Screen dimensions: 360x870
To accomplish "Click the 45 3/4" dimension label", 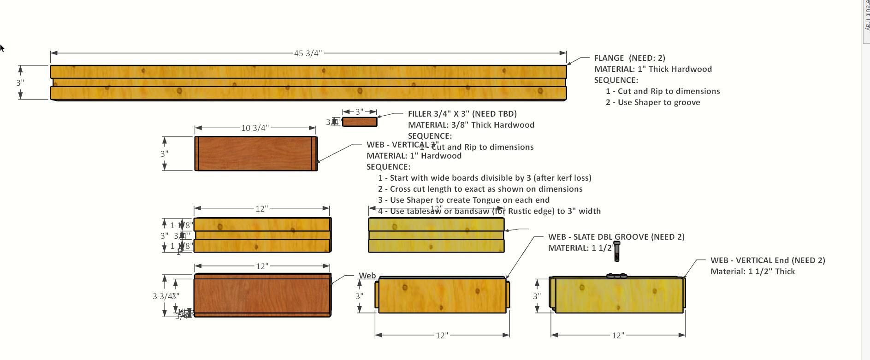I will tap(308, 53).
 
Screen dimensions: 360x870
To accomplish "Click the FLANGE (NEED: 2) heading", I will tap(629, 58).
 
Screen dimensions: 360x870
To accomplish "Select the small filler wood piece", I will tap(360, 122).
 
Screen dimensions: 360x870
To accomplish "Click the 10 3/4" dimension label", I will tap(254, 128).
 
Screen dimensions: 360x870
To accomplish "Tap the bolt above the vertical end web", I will tap(617, 251).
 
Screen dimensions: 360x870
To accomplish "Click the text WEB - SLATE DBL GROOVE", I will tap(616, 237).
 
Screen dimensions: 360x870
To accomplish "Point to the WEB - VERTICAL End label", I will tap(767, 260).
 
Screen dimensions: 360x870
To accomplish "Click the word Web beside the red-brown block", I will tap(367, 276).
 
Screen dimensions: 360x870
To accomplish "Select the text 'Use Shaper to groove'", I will tap(658, 102).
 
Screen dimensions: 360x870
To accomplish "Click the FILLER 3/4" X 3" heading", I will tap(462, 114).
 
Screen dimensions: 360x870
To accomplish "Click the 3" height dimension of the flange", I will tap(20, 83).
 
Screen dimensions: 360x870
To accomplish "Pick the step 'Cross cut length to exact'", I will tap(486, 189).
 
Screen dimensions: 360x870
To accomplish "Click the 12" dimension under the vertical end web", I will tap(618, 335).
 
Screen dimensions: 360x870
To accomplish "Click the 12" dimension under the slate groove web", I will tap(442, 335).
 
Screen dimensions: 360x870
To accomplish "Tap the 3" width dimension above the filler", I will tap(360, 112).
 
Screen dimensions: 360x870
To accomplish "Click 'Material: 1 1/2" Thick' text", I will tap(752, 271).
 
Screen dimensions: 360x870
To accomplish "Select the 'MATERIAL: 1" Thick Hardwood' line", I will tap(653, 69).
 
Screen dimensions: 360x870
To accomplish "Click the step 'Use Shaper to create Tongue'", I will tap(469, 200).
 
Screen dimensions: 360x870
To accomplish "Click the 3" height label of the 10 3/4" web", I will tap(165, 153).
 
